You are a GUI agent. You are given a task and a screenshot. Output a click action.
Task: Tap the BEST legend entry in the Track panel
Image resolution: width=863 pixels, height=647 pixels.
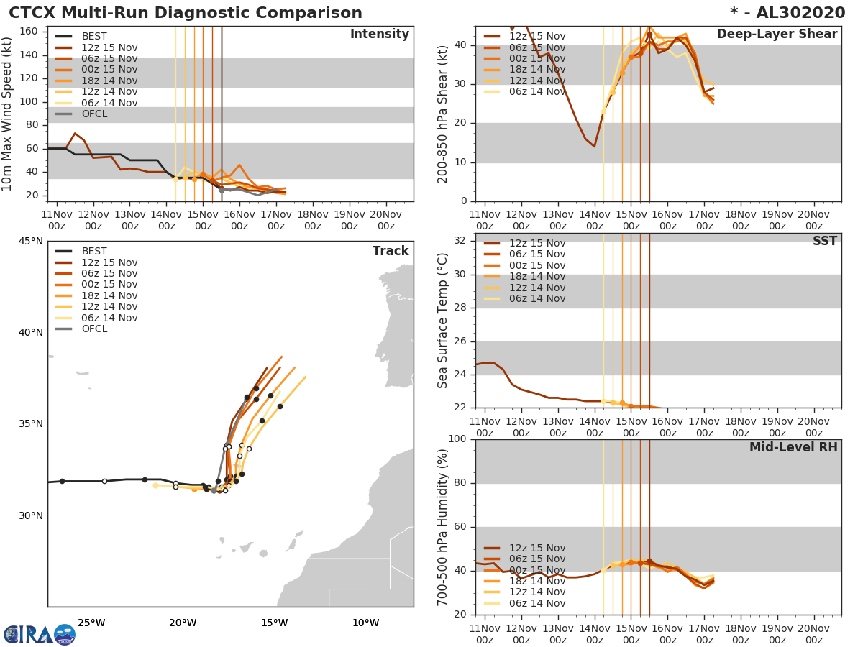coord(94,252)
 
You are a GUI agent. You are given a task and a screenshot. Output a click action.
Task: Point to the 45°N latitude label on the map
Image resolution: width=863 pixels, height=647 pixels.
coord(30,241)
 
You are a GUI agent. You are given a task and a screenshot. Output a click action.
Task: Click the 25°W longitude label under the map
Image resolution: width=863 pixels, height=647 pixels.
coord(91,623)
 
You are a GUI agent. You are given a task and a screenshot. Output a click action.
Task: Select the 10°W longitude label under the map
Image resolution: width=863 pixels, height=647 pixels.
coord(365,623)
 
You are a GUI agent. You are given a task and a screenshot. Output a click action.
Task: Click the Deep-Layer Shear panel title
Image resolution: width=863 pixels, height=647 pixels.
coord(777,35)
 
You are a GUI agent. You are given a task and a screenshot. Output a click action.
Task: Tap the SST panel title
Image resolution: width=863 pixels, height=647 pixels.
coord(824,242)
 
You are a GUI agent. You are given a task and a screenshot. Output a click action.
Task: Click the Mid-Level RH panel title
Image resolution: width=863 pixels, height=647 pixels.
coord(793,447)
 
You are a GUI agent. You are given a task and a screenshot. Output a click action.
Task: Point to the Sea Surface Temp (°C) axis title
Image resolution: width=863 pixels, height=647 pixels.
coord(443,321)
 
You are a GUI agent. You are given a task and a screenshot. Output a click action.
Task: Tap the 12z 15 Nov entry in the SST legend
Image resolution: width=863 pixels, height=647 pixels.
coord(536,244)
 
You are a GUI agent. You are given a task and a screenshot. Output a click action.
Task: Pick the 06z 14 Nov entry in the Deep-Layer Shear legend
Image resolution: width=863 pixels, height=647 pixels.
coord(536,92)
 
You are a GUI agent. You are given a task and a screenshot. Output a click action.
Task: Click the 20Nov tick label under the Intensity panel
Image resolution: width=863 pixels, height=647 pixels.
coord(385,220)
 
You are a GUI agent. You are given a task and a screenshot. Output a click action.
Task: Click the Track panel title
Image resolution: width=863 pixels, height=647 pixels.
coord(390,251)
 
